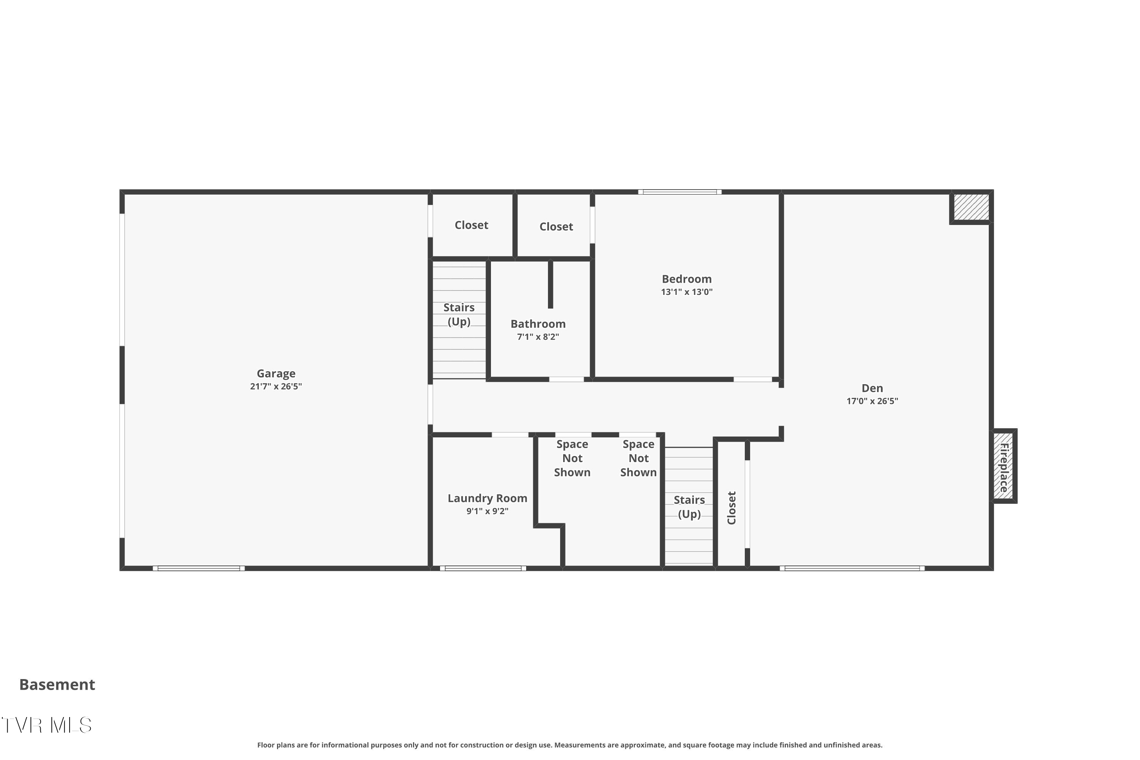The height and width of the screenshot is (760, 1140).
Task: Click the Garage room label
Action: (276, 374)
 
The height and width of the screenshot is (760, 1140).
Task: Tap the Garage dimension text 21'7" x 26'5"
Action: (276, 386)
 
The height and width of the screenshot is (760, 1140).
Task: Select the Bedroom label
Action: (687, 279)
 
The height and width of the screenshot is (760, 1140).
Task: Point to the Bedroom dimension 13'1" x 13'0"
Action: (687, 292)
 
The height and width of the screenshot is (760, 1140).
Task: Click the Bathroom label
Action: (538, 324)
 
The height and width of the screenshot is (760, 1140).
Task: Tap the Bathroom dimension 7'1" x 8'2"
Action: (538, 337)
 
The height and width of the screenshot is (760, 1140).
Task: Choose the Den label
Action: (872, 388)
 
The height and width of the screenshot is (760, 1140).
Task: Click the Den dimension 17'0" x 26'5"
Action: (872, 401)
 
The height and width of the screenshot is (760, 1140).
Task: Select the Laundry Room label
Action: (488, 498)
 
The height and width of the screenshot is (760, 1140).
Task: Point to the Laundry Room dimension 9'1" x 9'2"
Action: (488, 511)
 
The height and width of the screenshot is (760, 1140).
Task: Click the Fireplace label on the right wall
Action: (1004, 467)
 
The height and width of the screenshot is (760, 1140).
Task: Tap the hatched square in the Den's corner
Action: (971, 207)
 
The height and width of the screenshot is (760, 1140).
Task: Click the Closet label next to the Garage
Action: (472, 225)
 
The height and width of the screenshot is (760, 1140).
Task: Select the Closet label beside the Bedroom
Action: (556, 226)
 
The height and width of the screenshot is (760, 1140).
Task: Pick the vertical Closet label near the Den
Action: (732, 508)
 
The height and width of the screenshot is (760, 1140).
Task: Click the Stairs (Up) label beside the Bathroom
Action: (459, 315)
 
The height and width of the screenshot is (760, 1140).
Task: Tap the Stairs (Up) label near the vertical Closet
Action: (689, 507)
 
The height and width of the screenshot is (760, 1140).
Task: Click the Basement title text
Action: (57, 684)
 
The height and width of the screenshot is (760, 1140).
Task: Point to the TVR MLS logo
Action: (46, 725)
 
